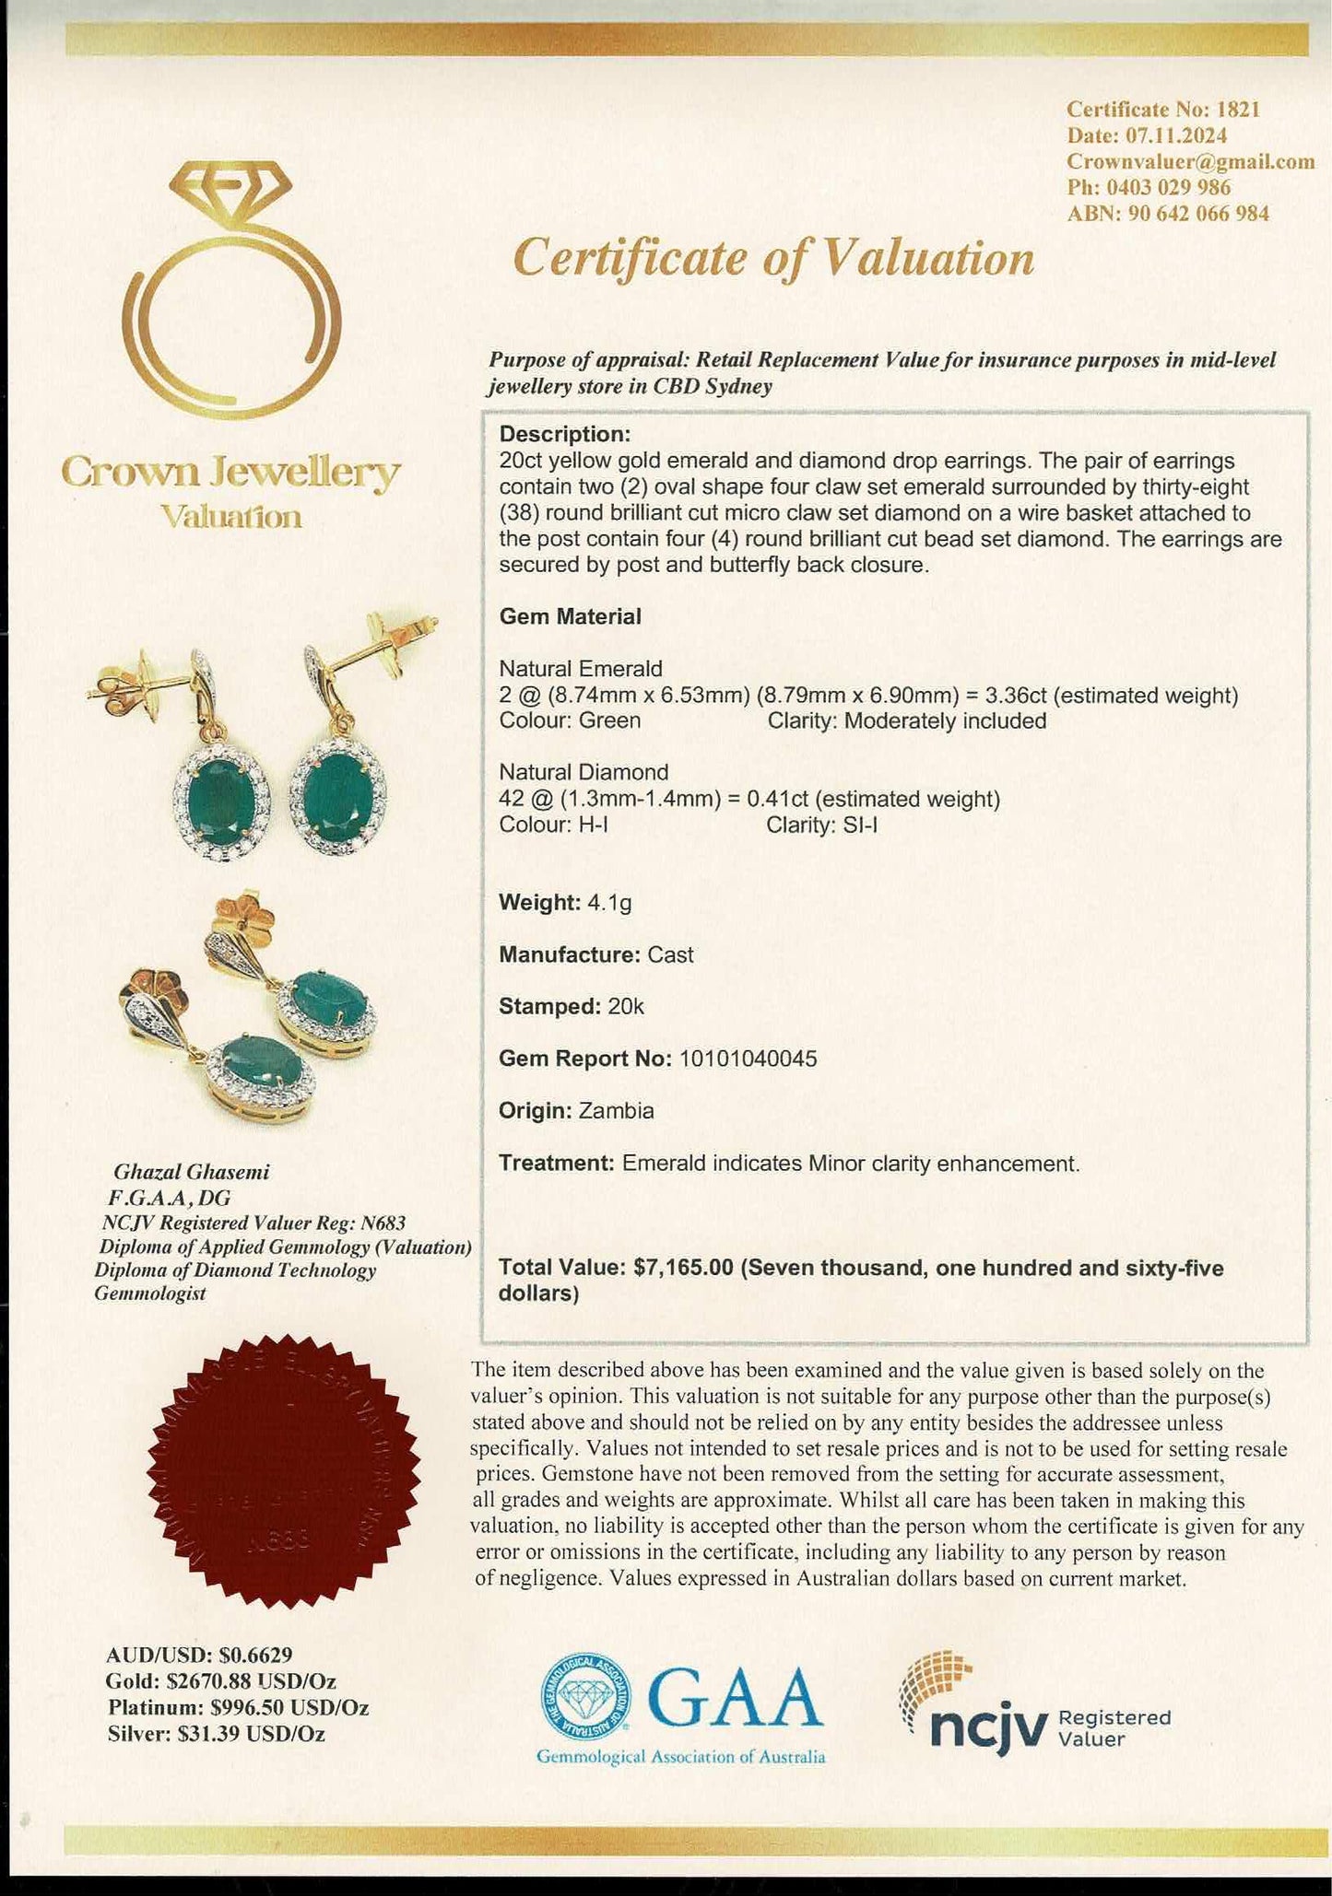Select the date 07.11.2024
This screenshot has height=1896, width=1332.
[1175, 135]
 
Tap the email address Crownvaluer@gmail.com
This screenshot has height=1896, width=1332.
[1190, 161]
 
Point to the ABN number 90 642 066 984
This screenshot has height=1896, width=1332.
[1198, 214]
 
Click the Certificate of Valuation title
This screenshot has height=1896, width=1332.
[773, 257]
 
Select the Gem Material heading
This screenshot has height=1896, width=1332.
[570, 616]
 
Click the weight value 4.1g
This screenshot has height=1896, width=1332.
[609, 902]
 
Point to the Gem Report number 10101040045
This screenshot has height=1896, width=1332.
[748, 1059]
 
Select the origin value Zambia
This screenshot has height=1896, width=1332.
[616, 1111]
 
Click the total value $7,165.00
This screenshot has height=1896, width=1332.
[683, 1268]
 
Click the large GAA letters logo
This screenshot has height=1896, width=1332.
[736, 1698]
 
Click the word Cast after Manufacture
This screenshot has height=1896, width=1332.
[670, 954]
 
